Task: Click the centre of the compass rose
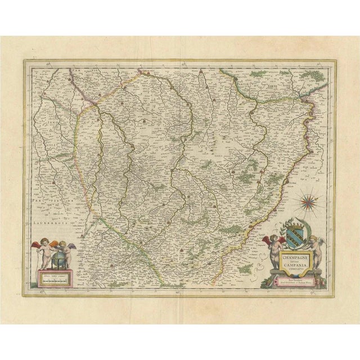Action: coord(308,199)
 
